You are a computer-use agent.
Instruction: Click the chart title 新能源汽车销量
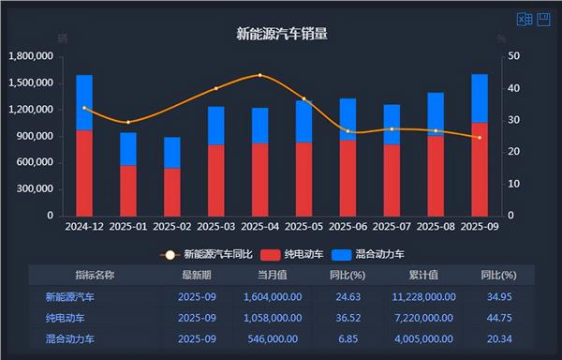click(282, 35)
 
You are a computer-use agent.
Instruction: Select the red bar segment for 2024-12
click(84, 173)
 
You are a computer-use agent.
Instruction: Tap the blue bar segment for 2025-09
click(480, 98)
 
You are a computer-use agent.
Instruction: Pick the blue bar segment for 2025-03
click(216, 127)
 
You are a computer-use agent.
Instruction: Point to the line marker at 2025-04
click(260, 75)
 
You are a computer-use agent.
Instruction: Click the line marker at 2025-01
click(128, 122)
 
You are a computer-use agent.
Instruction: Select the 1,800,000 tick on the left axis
click(31, 56)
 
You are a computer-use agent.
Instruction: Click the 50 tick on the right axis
click(513, 56)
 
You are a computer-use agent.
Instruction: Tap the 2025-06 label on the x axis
click(348, 227)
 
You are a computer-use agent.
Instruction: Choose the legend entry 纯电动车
click(289, 254)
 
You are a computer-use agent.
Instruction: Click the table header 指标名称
click(95, 275)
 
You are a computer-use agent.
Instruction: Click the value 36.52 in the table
click(347, 318)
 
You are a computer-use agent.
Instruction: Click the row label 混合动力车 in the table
click(77, 338)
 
